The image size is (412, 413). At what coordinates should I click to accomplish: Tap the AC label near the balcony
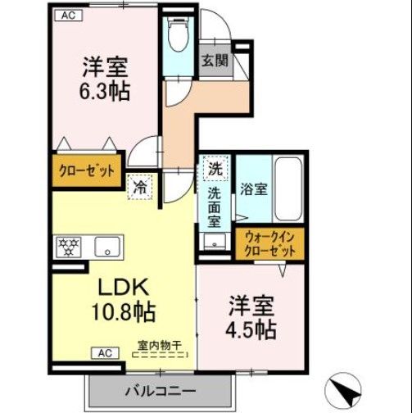tap(104, 353)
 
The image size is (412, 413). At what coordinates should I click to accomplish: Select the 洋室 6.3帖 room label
tap(105, 79)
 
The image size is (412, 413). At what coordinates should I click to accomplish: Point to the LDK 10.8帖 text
tap(123, 300)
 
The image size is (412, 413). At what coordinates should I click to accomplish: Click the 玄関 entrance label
tap(215, 60)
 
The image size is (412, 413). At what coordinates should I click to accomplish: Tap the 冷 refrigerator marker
tap(141, 187)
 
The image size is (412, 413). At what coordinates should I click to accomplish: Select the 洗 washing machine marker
tap(215, 170)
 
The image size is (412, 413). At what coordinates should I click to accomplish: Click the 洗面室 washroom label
tap(214, 206)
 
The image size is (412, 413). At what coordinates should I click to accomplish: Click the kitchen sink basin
tap(106, 246)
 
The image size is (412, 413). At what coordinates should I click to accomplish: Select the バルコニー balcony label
tap(159, 388)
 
